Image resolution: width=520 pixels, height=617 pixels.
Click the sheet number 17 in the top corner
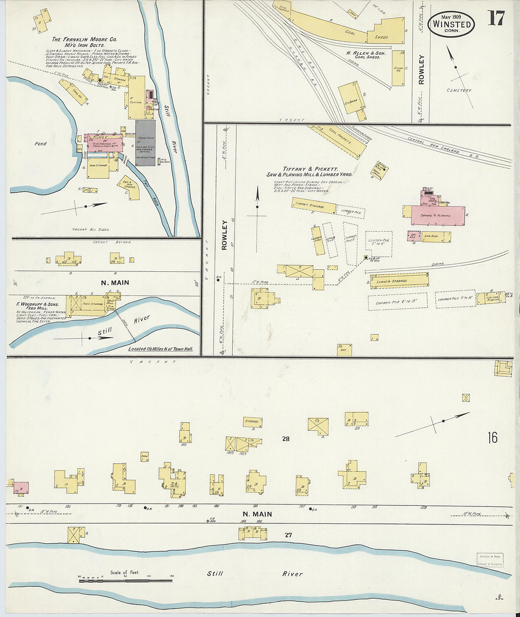496,18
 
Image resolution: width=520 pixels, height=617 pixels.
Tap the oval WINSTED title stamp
451,24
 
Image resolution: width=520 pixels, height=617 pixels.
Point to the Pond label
41,143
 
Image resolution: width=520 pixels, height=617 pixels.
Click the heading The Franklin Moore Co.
84,40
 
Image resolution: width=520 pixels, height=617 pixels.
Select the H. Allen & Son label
365,53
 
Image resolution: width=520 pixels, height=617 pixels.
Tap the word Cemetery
459,90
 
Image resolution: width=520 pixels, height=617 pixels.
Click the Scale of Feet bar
125,580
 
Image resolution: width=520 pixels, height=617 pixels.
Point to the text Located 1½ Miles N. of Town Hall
161,349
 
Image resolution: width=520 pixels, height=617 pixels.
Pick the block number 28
286,439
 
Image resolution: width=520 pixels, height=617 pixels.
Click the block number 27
288,535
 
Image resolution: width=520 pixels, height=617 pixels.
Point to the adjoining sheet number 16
493,437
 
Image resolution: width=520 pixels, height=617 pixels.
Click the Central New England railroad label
436,145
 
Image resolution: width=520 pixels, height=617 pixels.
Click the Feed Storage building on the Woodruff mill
93,304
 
